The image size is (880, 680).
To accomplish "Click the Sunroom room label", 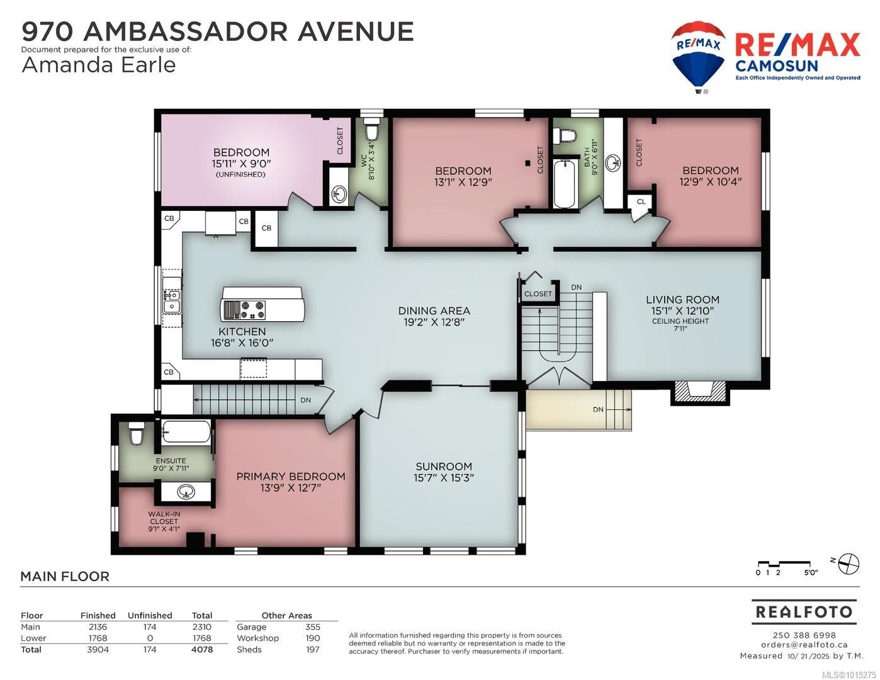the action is (x=444, y=466).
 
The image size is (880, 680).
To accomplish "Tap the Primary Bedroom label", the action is (x=291, y=476).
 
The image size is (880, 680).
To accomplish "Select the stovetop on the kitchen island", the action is (x=244, y=310).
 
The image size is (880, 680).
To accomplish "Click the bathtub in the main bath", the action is (x=565, y=183).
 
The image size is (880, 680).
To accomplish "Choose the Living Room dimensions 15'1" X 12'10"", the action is (x=683, y=310).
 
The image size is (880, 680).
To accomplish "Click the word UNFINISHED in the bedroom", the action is (x=241, y=174).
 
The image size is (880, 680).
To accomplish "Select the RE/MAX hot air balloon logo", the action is (x=698, y=57).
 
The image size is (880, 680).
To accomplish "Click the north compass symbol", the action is (x=848, y=564).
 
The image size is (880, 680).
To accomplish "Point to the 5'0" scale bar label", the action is (x=810, y=573).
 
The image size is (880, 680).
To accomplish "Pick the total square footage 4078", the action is (x=202, y=650).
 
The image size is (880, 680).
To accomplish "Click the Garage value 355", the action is (x=313, y=627).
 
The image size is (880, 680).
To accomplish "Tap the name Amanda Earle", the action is (x=99, y=65).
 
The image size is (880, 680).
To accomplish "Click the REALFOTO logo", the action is (x=804, y=611).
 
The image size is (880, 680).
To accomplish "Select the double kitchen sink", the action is (x=172, y=302).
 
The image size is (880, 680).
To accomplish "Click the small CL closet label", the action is (x=641, y=201).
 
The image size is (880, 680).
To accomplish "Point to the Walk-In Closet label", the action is (x=164, y=521).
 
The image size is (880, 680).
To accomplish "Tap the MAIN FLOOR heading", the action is (x=65, y=576).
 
